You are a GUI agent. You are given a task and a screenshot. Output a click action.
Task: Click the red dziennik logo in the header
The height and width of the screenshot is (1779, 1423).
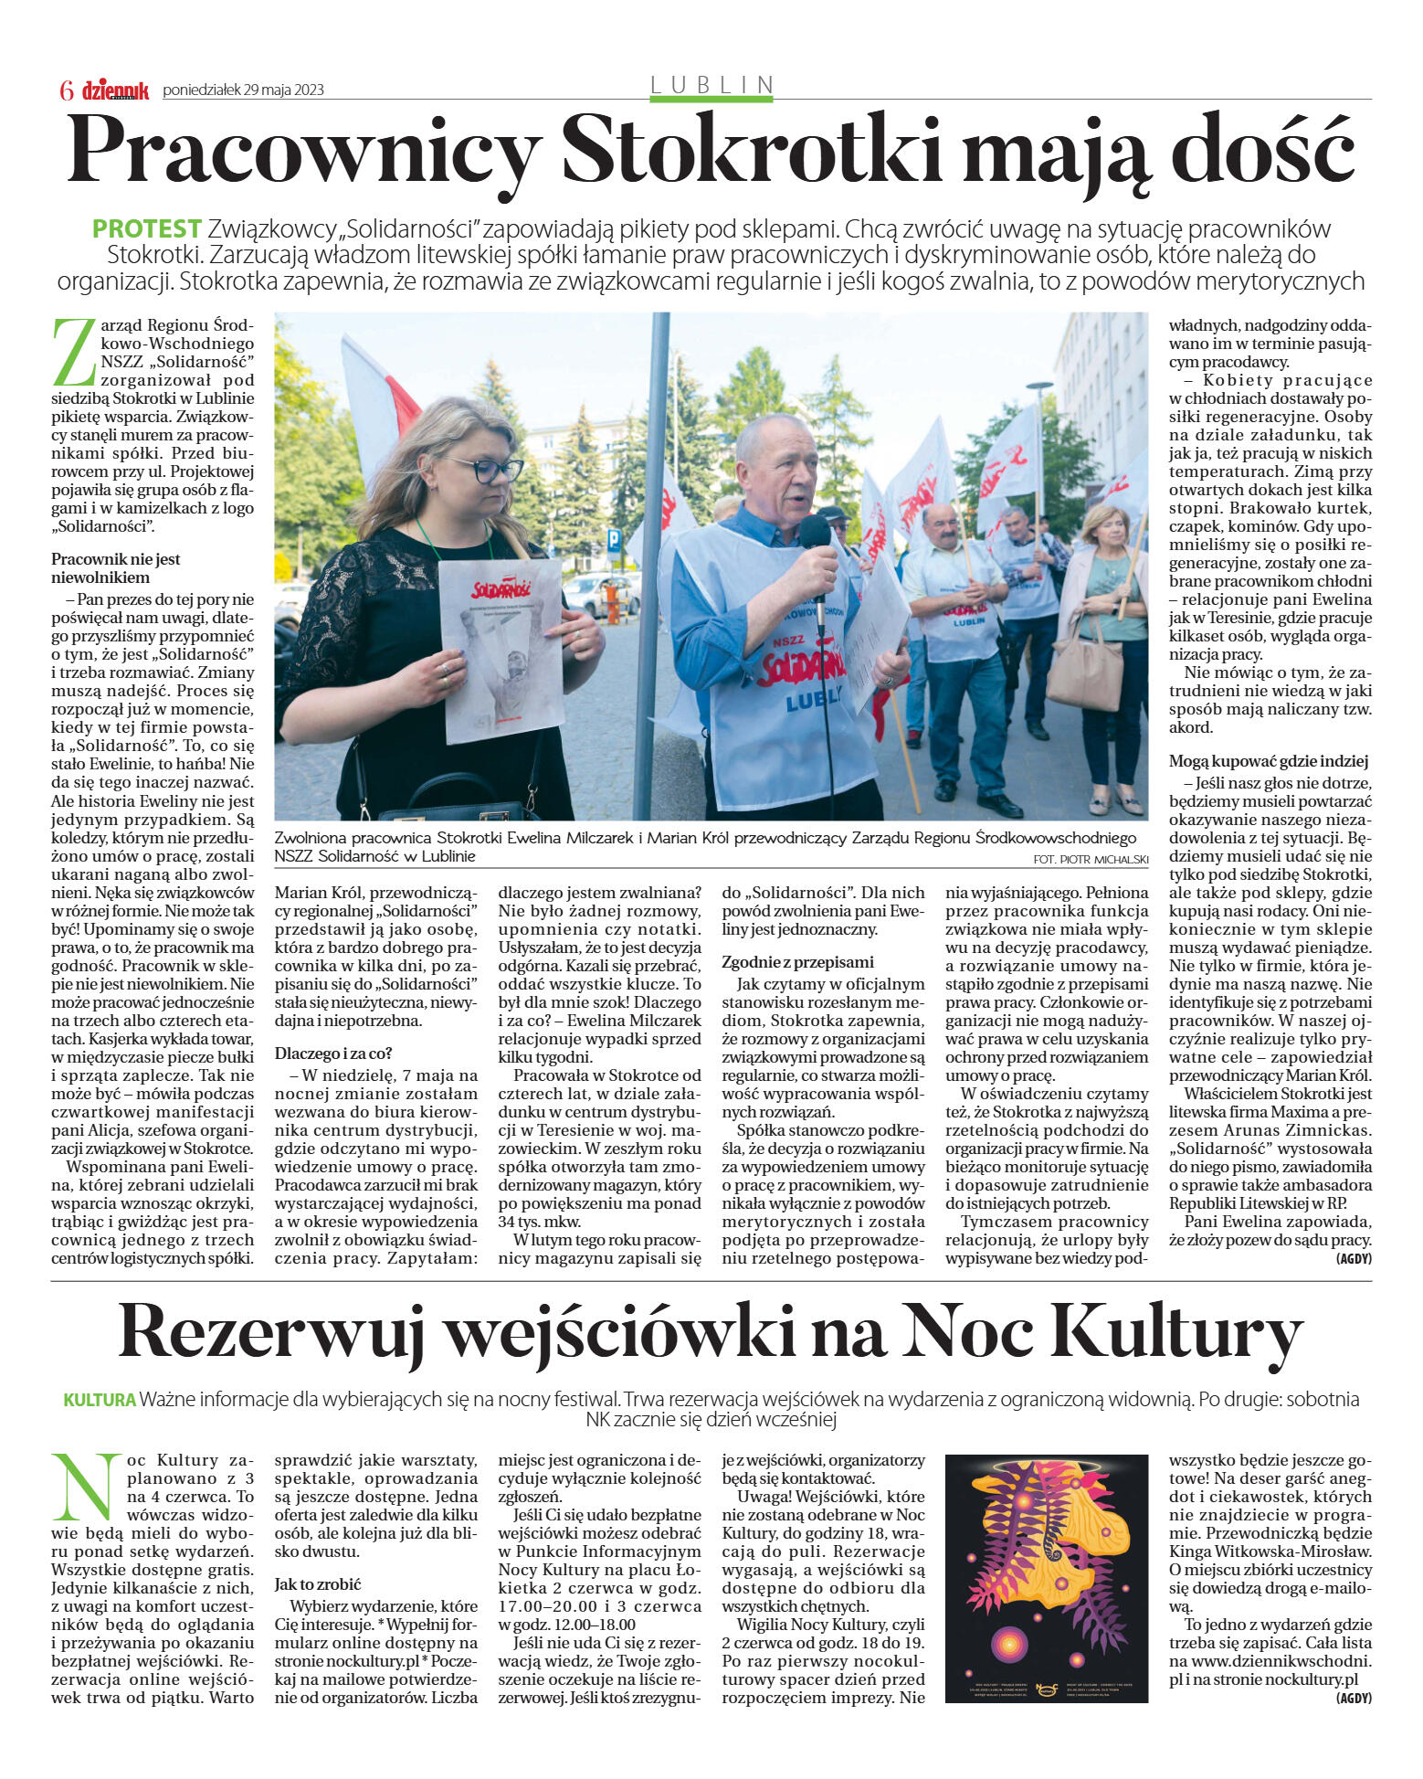[x=115, y=90]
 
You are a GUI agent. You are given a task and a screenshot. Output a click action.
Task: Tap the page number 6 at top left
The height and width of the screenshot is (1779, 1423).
[x=66, y=90]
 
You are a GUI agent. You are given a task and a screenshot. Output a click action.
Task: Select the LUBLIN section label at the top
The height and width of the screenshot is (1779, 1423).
[x=711, y=85]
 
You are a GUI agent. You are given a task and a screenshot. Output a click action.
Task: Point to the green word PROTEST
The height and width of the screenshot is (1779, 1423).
[x=146, y=228]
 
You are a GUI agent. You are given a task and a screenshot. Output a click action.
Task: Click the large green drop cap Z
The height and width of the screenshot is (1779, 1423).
[x=74, y=351]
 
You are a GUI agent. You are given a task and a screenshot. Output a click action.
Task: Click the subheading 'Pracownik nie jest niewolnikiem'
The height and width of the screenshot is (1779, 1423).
[x=116, y=568]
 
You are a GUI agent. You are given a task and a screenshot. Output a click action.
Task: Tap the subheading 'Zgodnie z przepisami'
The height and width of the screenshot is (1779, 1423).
[x=797, y=962]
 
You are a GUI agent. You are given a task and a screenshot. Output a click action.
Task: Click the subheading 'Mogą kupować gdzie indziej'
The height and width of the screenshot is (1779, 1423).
[x=1269, y=761]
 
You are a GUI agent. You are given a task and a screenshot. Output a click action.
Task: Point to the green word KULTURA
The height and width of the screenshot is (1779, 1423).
[x=100, y=1400]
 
